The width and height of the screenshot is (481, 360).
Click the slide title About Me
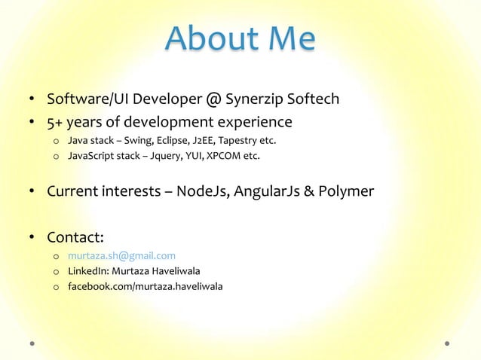point(240,40)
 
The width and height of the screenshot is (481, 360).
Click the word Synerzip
point(257,99)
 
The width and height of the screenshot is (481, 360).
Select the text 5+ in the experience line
point(55,122)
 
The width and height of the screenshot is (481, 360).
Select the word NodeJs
point(204,191)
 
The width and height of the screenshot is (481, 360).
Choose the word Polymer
point(346,191)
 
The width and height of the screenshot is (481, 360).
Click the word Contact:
point(75,238)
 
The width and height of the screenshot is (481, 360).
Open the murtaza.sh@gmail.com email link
point(121,256)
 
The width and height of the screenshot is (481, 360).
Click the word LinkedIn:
point(87,271)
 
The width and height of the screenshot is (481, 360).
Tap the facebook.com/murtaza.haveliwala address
point(145,286)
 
